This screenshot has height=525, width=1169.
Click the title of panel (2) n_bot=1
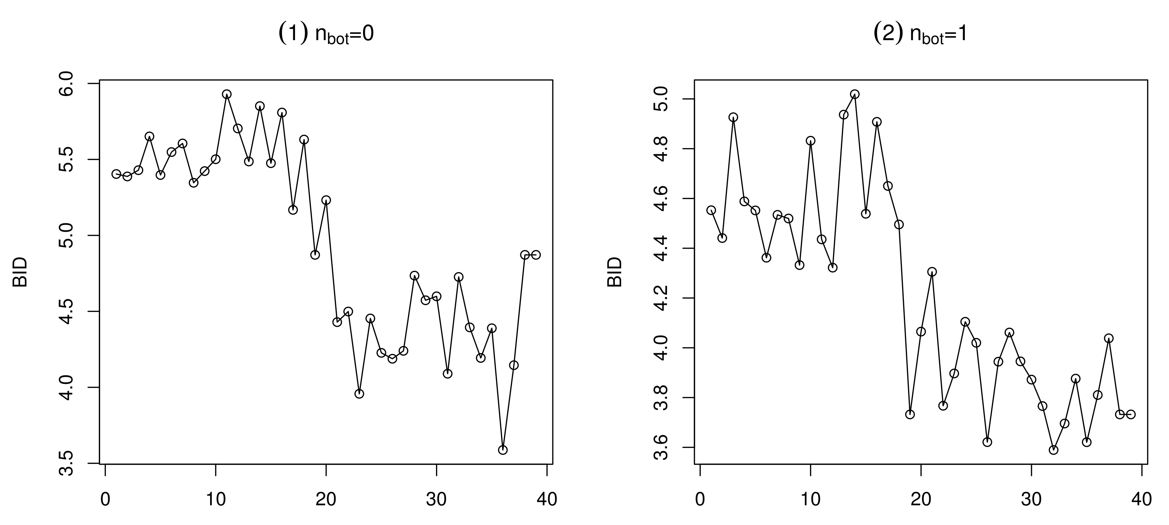click(921, 35)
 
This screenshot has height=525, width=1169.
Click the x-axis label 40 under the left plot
click(547, 500)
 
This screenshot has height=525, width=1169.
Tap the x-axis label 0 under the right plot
click(700, 500)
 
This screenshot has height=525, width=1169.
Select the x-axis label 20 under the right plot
click(921, 500)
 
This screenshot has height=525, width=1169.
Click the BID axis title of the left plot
click(20, 272)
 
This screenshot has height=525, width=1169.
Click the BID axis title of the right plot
click(615, 272)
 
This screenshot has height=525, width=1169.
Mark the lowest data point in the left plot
click(503, 450)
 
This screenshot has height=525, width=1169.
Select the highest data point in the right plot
click(855, 94)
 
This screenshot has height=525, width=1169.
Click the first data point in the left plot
click(116, 174)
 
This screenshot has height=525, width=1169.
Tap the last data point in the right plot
click(1131, 414)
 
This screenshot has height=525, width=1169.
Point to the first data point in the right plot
click(711, 210)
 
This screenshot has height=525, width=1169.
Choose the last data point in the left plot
click(536, 255)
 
